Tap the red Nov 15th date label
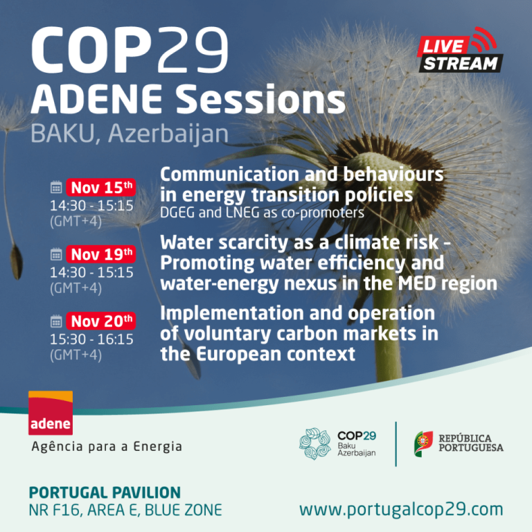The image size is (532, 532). (100, 188)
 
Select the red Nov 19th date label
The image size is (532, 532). (100, 254)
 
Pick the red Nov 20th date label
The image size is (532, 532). (100, 321)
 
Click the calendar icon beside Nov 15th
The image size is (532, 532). (56, 188)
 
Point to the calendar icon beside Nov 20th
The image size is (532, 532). (56, 321)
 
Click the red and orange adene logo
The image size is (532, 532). (50, 414)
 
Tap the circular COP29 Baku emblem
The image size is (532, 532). (316, 444)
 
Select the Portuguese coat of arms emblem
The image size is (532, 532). (424, 443)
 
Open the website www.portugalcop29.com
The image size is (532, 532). (401, 510)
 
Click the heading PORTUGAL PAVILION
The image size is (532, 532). (105, 493)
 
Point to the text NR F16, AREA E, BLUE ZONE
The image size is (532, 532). (125, 511)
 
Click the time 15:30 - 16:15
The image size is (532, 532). (91, 339)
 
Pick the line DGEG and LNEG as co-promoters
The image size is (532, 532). (263, 213)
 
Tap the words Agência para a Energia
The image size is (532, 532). (107, 447)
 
